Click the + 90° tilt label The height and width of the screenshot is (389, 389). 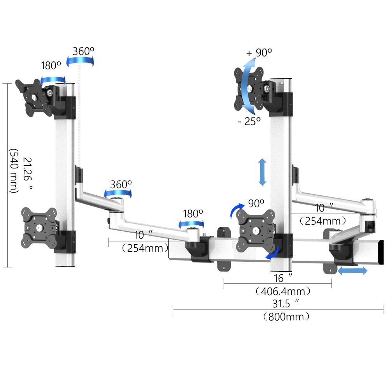259,53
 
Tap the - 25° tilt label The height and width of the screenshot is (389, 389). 249,121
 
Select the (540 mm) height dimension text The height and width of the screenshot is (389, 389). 14,171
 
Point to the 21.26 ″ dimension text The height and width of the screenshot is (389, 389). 28,173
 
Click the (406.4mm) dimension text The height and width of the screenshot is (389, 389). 283,291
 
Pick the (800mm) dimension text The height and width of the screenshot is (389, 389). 286,317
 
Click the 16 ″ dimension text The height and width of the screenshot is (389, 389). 283,278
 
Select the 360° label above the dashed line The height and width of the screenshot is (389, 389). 83,51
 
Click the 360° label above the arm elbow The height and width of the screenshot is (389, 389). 121,184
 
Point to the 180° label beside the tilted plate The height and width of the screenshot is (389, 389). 51,65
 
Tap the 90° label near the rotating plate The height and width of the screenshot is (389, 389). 256,203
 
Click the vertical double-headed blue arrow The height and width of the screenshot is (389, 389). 262,172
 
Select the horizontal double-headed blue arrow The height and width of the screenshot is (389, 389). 352,270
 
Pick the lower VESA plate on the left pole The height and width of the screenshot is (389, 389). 39,228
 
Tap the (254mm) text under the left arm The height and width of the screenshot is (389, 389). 145,248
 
